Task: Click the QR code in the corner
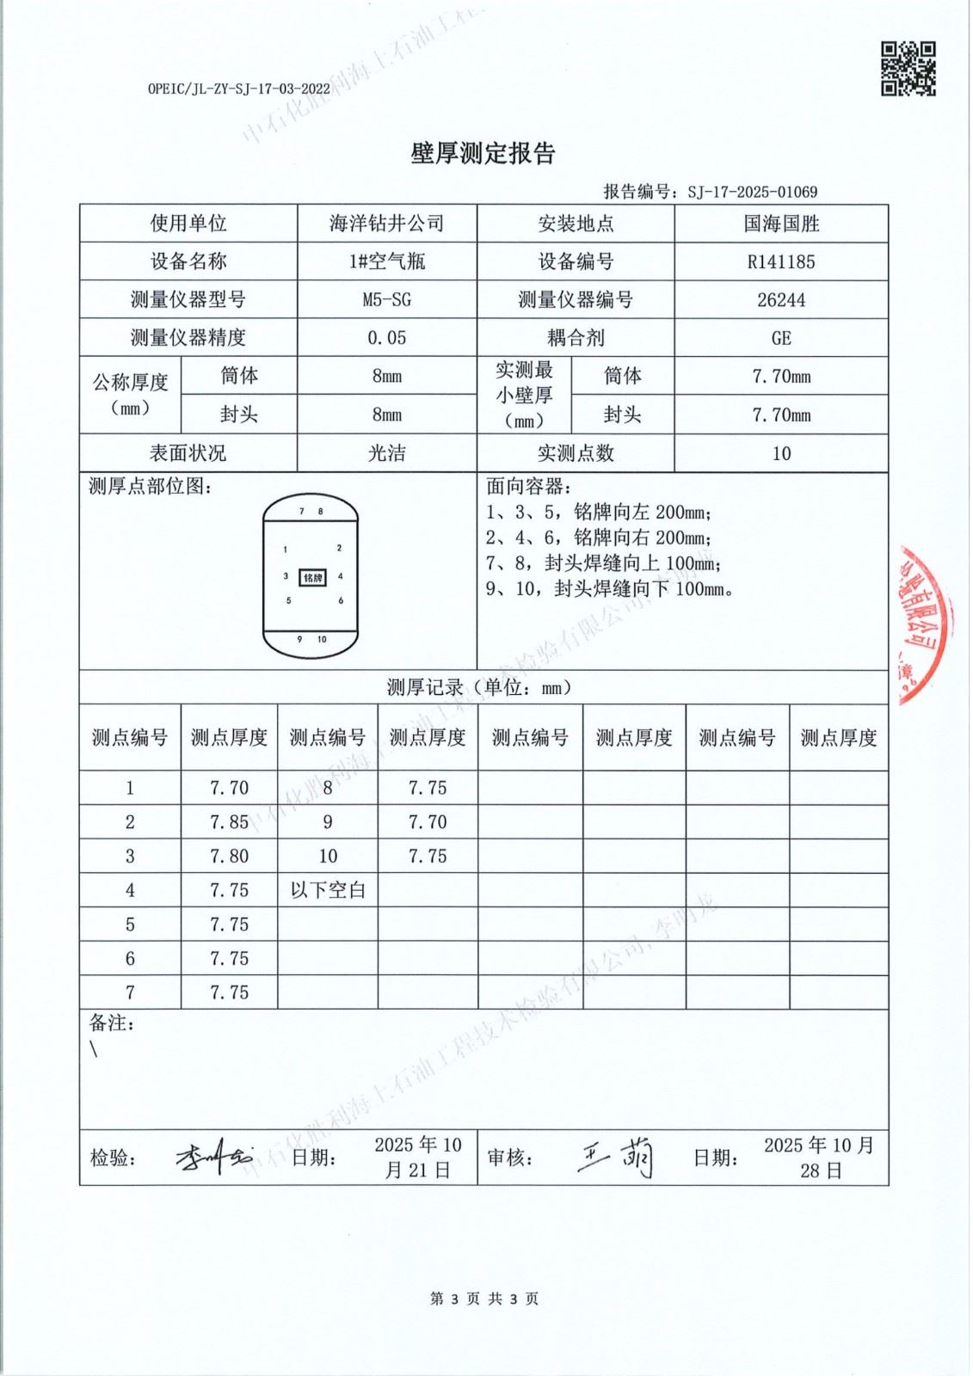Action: click(908, 69)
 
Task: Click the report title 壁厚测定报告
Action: click(483, 153)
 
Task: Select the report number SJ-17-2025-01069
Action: click(752, 192)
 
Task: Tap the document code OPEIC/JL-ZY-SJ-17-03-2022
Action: click(238, 89)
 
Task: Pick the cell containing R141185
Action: click(780, 262)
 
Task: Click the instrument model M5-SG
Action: click(386, 300)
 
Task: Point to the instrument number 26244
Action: click(780, 300)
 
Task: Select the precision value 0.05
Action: click(386, 338)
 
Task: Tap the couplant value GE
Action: click(780, 338)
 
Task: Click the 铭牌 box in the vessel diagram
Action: click(312, 578)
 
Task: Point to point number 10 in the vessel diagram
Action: click(322, 639)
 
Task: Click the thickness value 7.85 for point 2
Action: click(229, 822)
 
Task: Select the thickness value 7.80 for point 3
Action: click(229, 857)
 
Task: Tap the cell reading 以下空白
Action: click(328, 890)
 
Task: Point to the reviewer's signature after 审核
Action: click(617, 1157)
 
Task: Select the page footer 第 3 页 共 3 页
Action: click(484, 1299)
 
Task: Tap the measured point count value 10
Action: click(780, 453)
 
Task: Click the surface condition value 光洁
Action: click(386, 453)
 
